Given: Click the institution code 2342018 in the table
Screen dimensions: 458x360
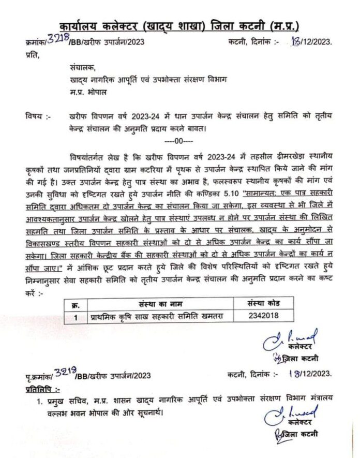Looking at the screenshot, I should coord(256,315).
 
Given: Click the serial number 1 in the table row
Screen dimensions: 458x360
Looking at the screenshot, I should coord(76,316).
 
